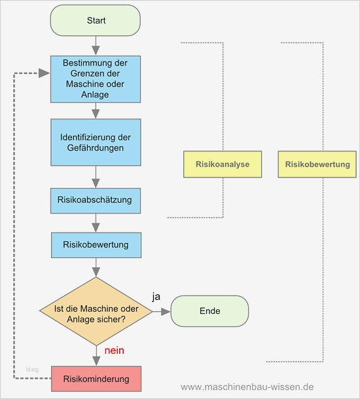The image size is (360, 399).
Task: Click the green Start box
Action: (x=96, y=20)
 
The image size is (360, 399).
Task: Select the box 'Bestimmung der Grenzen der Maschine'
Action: (x=96, y=79)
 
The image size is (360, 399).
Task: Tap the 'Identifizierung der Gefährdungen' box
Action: (x=96, y=142)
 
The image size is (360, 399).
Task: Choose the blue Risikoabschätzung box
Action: (x=96, y=200)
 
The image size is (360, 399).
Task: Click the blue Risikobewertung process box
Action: (x=96, y=245)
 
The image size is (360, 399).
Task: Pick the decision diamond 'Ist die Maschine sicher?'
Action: (x=96, y=311)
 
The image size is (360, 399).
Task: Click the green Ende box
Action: (x=209, y=311)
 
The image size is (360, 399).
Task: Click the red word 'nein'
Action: (x=114, y=351)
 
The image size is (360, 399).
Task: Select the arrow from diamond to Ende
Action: (x=161, y=311)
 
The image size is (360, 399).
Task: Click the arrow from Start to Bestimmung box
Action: (x=96, y=45)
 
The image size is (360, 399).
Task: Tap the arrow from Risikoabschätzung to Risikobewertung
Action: (x=96, y=223)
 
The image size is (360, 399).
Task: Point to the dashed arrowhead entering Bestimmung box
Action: (x=45, y=73)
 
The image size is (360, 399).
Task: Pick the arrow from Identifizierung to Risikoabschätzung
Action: (x=96, y=177)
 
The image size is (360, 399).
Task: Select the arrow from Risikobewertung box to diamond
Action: (x=96, y=267)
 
